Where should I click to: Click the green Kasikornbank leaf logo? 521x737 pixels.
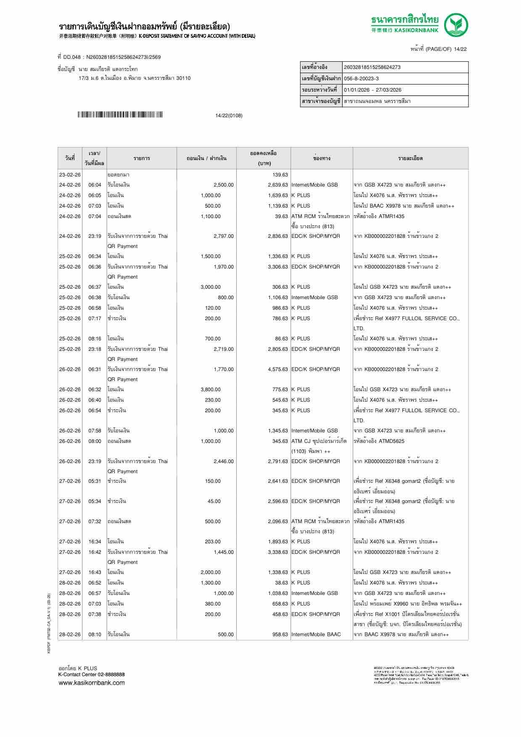tap(456, 25)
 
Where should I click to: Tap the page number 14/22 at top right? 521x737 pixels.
tap(460, 49)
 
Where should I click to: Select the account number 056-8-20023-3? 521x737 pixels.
tap(361, 79)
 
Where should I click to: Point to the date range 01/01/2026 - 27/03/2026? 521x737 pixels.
tap(372, 90)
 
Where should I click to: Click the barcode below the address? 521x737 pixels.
tap(120, 115)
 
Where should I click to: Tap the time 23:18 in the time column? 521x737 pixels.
tap(95, 349)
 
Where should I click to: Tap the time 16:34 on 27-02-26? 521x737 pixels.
tap(95, 542)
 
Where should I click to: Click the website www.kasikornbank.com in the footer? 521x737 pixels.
tap(91, 683)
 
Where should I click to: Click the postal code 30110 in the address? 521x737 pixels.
tap(183, 78)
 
